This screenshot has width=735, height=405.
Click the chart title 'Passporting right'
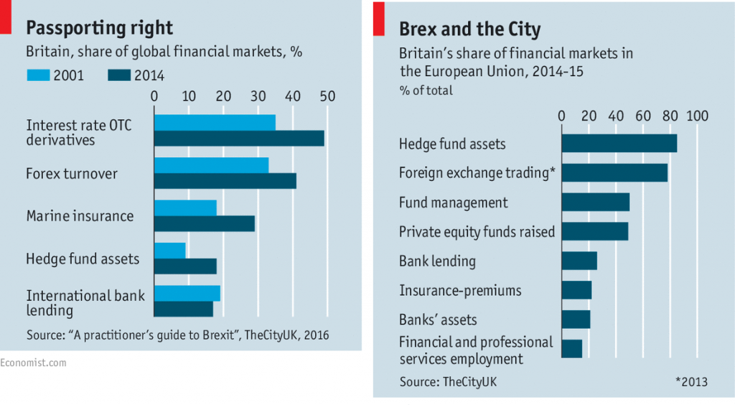click(x=99, y=28)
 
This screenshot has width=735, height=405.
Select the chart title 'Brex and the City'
click(x=469, y=29)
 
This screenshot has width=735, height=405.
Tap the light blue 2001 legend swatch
click(x=38, y=75)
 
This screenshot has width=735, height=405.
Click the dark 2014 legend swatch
click(x=121, y=75)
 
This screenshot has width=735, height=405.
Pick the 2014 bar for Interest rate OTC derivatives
click(x=239, y=139)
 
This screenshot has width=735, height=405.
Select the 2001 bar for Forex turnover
click(x=211, y=165)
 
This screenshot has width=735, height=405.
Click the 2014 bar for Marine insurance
click(x=205, y=223)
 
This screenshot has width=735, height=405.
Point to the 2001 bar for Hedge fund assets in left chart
click(x=170, y=250)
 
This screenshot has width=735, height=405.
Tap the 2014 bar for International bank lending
click(x=184, y=309)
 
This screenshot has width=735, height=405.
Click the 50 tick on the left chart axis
click(x=327, y=96)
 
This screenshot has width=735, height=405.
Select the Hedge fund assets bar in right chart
click(x=619, y=144)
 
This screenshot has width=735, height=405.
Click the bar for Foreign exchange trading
click(x=614, y=172)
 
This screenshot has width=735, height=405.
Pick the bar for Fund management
click(x=595, y=202)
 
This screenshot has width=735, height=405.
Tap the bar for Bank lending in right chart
click(x=579, y=261)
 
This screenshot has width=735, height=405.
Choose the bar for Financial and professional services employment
click(x=571, y=348)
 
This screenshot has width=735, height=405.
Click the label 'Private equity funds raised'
click(x=477, y=232)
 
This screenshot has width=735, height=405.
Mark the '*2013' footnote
click(x=691, y=382)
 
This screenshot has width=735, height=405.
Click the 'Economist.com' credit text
click(x=33, y=363)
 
